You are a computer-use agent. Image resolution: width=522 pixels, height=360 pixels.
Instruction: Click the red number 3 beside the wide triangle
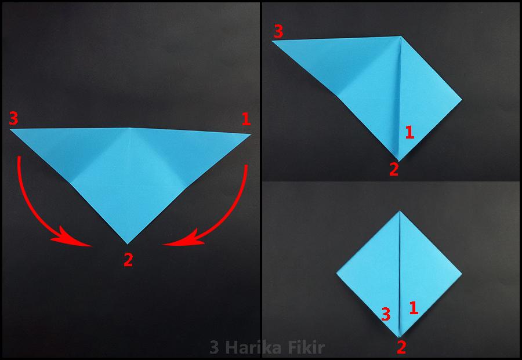click(14, 118)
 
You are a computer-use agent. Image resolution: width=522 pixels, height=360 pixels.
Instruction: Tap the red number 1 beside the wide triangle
click(246, 119)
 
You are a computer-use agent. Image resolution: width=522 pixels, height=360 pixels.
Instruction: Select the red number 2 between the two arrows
click(128, 260)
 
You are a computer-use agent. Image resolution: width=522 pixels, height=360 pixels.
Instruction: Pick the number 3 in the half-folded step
click(278, 31)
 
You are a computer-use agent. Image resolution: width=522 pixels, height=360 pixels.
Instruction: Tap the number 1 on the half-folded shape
click(409, 132)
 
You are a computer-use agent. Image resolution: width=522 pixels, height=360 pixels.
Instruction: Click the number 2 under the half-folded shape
click(394, 169)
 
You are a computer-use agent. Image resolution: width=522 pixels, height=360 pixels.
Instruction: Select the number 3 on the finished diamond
click(386, 314)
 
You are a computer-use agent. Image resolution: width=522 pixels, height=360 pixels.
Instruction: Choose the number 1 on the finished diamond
click(414, 308)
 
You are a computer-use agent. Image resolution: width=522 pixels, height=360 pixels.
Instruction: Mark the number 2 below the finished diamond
click(401, 348)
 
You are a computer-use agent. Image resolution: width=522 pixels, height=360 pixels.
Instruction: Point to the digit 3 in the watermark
click(215, 348)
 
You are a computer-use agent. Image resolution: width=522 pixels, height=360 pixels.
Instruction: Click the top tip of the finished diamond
click(400, 211)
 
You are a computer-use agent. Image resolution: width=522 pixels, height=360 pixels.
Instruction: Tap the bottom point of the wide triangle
click(127, 244)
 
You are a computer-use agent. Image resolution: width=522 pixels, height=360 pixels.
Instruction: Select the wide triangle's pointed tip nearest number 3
click(10, 129)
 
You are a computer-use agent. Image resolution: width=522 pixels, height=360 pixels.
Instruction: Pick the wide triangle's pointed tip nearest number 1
click(251, 134)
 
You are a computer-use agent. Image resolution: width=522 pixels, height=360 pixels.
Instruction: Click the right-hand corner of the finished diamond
click(462, 274)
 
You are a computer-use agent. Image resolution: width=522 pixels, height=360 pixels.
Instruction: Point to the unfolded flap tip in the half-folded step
click(273, 41)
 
